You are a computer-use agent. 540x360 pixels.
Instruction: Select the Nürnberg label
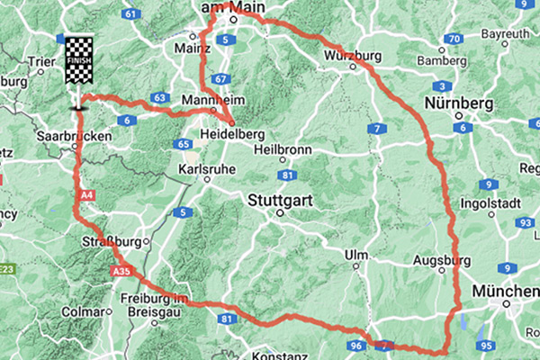click(462, 103)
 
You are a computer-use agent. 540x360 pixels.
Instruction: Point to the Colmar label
click(84, 311)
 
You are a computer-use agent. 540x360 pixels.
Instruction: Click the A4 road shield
click(85, 193)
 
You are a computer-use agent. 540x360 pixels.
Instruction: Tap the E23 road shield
click(8, 267)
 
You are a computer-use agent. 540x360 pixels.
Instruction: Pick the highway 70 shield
click(455, 39)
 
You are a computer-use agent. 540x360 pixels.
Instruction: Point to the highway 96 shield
click(357, 345)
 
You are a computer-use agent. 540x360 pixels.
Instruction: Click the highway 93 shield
click(524, 222)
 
